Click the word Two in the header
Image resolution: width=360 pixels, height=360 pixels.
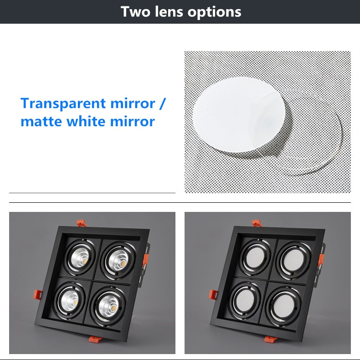[135, 12]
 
